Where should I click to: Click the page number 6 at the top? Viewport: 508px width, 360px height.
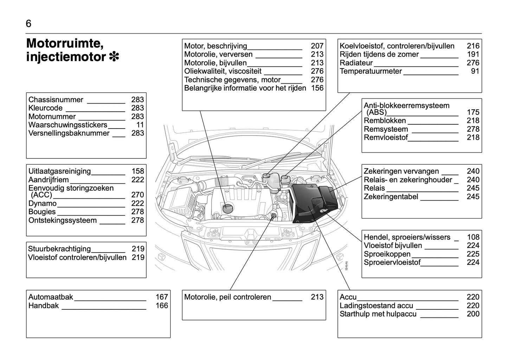pos(28,24)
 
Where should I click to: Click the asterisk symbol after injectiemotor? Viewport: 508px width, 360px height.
pos(114,57)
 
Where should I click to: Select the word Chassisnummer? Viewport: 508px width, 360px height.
pos(56,100)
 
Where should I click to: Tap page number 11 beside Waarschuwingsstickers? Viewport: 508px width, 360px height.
pos(140,125)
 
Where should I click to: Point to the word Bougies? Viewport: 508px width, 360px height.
pos(42,212)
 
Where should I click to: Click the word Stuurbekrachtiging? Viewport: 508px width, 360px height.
pos(59,249)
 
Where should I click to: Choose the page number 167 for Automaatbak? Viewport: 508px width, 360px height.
pos(162,297)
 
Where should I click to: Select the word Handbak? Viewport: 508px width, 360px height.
pos(44,306)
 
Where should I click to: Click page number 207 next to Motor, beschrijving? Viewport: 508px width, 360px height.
pos(317,46)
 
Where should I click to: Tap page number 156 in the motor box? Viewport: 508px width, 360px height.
pos(317,88)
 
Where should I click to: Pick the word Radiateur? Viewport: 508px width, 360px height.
pos(356,63)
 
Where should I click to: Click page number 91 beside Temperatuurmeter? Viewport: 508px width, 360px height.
pos(475,71)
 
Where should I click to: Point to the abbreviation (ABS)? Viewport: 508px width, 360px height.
pos(376,112)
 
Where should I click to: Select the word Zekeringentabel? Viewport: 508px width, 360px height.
pos(391,197)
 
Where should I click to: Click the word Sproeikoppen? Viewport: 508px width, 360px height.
pos(387,254)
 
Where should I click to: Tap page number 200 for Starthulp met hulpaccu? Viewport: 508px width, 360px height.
pos(473,314)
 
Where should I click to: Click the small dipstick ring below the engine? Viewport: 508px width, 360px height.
pos(274,216)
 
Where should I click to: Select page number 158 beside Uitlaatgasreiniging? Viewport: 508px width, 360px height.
pos(138,171)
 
